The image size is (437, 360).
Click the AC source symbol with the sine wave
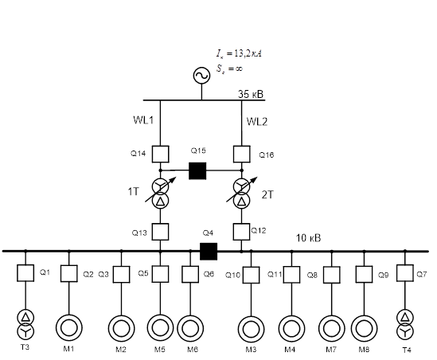tap(201, 76)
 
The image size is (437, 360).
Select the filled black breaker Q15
tap(197, 170)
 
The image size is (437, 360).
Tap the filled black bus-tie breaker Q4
tap(209, 251)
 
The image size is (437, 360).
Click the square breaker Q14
tap(160, 154)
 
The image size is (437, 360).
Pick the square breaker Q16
tap(242, 154)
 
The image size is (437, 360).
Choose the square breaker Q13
tap(160, 232)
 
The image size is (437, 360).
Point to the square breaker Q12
tap(241, 232)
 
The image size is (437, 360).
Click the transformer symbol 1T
tap(160, 194)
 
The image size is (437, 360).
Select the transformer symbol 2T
tap(242, 194)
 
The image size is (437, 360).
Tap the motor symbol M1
tap(68, 328)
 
